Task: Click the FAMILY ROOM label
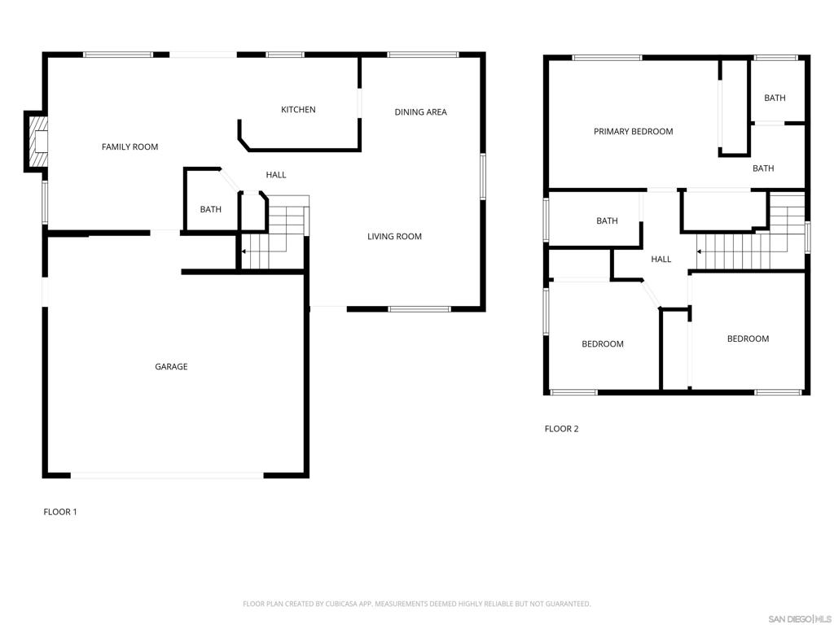tap(129, 147)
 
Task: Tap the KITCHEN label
tap(298, 110)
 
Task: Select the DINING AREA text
tap(420, 112)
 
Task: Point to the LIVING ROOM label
tap(394, 237)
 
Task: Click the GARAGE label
tap(171, 367)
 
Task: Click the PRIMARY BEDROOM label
tap(633, 132)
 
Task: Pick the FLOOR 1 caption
tap(59, 512)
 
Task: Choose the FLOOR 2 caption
tap(561, 429)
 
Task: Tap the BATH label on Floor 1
tap(211, 210)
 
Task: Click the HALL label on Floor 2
tap(661, 260)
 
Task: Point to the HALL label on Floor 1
tap(276, 175)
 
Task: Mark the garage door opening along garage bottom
tap(167, 475)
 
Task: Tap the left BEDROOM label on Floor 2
tap(602, 344)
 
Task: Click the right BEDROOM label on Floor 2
tap(748, 339)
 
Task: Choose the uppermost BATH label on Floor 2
tap(775, 98)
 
